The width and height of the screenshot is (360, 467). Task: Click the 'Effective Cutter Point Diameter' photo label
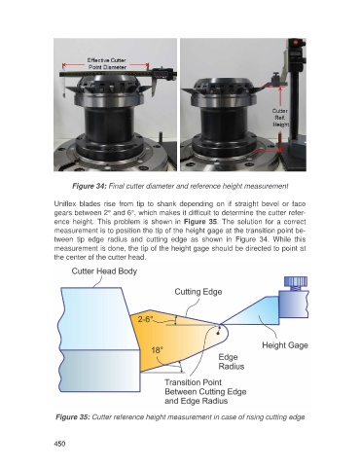point(107,63)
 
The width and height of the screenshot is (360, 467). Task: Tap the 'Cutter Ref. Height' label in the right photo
point(280,118)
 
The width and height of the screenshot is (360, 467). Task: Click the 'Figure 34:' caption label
point(90,186)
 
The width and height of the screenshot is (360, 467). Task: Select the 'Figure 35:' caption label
point(73,416)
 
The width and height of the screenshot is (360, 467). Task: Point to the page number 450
point(59,444)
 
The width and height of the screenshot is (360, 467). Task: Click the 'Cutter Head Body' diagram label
point(104,271)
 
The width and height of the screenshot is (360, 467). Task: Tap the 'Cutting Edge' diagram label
point(198,292)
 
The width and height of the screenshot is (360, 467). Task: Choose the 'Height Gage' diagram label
point(285,345)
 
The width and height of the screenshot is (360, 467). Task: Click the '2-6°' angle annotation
point(145,319)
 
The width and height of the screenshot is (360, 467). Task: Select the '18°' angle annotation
point(157,350)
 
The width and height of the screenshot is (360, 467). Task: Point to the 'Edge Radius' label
point(231,362)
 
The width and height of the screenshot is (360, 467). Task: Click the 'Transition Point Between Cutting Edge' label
point(205,387)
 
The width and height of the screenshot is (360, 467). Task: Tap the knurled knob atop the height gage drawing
point(296,281)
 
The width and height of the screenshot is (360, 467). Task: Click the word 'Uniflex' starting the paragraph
point(63,204)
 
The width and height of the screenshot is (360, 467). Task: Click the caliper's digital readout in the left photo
point(162,73)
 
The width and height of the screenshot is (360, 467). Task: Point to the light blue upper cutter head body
point(97,318)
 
